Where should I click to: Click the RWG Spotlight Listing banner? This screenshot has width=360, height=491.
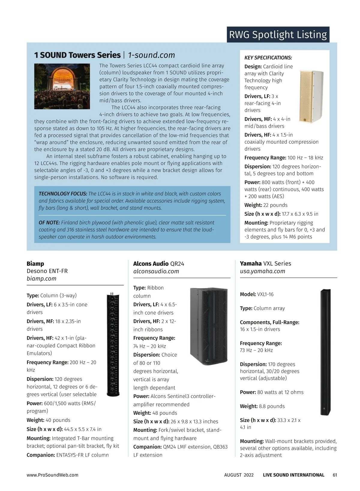pyautogui.click(x=278, y=35)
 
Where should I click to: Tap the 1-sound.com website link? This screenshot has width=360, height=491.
pyautogui.click(x=151, y=55)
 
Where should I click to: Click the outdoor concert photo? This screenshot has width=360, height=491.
pyautogui.click(x=62, y=86)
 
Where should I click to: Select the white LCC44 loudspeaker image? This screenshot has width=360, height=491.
pyautogui.click(x=311, y=97)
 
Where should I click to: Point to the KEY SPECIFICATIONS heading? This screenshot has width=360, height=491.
pyautogui.click(x=268, y=58)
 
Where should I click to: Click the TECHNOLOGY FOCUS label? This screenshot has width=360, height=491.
pyautogui.click(x=63, y=194)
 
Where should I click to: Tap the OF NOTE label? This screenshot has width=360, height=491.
pyautogui.click(x=49, y=222)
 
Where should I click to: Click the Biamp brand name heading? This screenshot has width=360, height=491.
pyautogui.click(x=35, y=263)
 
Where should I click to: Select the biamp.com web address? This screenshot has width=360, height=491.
pyautogui.click(x=41, y=278)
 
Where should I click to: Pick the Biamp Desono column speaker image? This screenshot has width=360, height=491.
pyautogui.click(x=114, y=344)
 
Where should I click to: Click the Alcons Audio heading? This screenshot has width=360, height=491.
pyautogui.click(x=151, y=263)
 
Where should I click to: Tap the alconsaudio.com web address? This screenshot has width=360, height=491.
pyautogui.click(x=156, y=271)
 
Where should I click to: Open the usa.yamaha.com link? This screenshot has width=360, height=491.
pyautogui.click(x=262, y=271)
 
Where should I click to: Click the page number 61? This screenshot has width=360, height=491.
pyautogui.click(x=335, y=475)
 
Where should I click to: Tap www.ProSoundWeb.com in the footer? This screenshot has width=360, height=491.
pyautogui.click(x=52, y=475)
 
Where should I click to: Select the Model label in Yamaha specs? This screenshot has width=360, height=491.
pyautogui.click(x=248, y=294)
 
